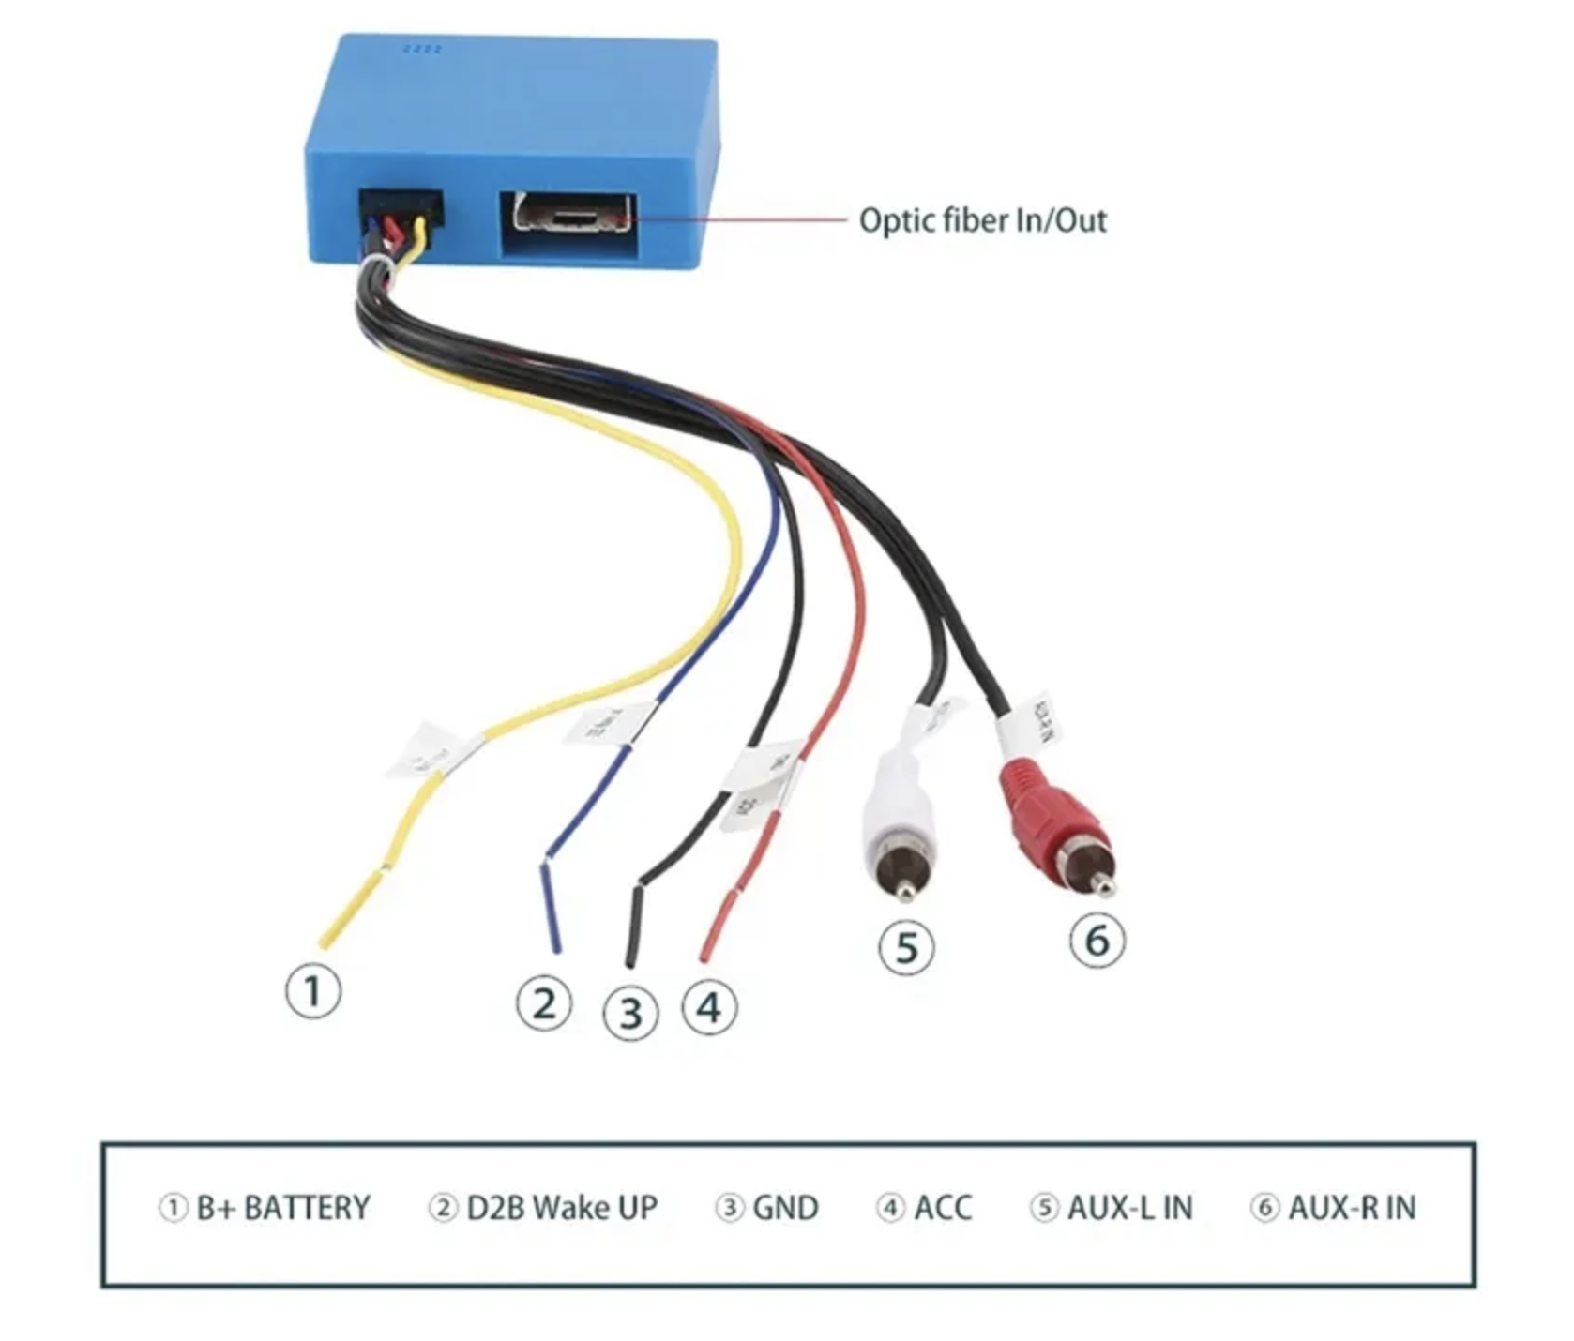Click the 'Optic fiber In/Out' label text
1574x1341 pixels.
pyautogui.click(x=982, y=220)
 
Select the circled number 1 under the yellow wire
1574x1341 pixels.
pyautogui.click(x=313, y=992)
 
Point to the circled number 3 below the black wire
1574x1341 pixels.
pyautogui.click(x=630, y=1013)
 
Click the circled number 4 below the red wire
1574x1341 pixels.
pyautogui.click(x=710, y=1008)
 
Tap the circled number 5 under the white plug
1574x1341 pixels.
pyautogui.click(x=906, y=947)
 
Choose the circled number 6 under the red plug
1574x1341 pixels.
pyautogui.click(x=1097, y=940)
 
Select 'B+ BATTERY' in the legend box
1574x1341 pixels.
pyautogui.click(x=282, y=1207)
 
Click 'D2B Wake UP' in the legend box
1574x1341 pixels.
pyautogui.click(x=561, y=1207)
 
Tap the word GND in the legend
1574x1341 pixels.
pyautogui.click(x=785, y=1207)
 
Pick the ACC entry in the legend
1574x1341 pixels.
pyautogui.click(x=942, y=1207)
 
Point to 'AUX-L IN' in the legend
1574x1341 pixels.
pyautogui.click(x=1129, y=1207)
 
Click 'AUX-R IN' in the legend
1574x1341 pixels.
pyautogui.click(x=1351, y=1207)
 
